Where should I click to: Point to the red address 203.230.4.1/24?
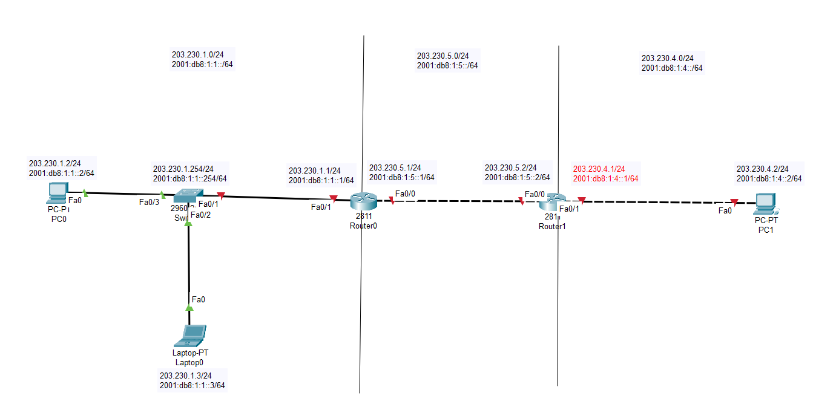click(x=599, y=169)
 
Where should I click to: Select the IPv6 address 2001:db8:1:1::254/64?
click(x=190, y=178)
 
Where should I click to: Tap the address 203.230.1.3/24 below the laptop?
click(x=185, y=376)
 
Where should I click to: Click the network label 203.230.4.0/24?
click(x=667, y=58)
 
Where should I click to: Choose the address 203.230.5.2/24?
click(x=510, y=167)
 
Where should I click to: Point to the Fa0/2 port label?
click(x=200, y=214)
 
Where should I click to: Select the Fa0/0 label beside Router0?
click(x=405, y=193)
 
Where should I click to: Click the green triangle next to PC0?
click(x=85, y=193)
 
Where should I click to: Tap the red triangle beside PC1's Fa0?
click(x=734, y=203)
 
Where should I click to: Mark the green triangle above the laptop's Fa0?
click(x=189, y=307)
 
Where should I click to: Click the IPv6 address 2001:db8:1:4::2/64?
click(x=769, y=178)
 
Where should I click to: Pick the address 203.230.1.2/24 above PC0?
click(x=54, y=163)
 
